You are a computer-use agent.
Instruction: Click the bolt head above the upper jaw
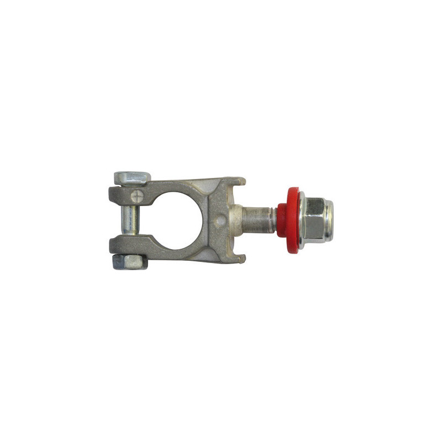pos(132,178)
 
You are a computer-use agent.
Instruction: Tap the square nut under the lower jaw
pos(129,261)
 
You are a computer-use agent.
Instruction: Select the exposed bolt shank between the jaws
pos(128,220)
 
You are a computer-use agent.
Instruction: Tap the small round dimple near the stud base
pos(222,219)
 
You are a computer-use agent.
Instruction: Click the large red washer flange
pos(292,220)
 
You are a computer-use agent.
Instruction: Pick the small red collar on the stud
pos(282,220)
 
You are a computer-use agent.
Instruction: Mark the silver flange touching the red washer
pos(301,220)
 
